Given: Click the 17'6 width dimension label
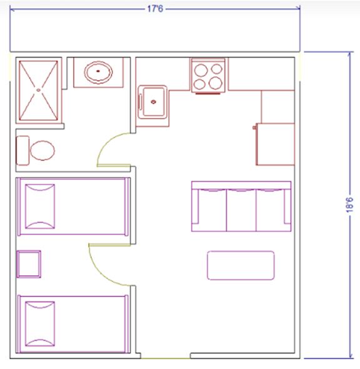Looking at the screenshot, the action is (155, 9).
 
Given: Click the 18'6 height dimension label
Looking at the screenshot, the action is (349, 205).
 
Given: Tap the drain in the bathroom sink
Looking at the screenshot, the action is (98, 71).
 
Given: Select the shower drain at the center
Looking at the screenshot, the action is (39, 90).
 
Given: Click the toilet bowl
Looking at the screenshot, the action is (42, 151).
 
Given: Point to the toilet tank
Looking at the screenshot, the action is (22, 150).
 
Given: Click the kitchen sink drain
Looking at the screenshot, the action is (153, 102).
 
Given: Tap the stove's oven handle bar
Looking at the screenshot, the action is (208, 93).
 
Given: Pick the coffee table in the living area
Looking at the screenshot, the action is (241, 265).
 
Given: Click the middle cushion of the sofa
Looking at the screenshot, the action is (241, 210).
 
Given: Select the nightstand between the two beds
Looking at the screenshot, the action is (29, 264).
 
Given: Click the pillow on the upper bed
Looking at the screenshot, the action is (40, 206).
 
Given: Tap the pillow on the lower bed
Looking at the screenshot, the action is (40, 324).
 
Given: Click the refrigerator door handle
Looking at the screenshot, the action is (254, 128).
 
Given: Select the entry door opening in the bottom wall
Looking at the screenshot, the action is (165, 358).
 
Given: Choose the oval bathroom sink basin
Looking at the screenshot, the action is (98, 73).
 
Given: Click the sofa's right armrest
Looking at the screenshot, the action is (287, 206).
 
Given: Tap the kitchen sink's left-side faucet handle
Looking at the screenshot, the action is (141, 102).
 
